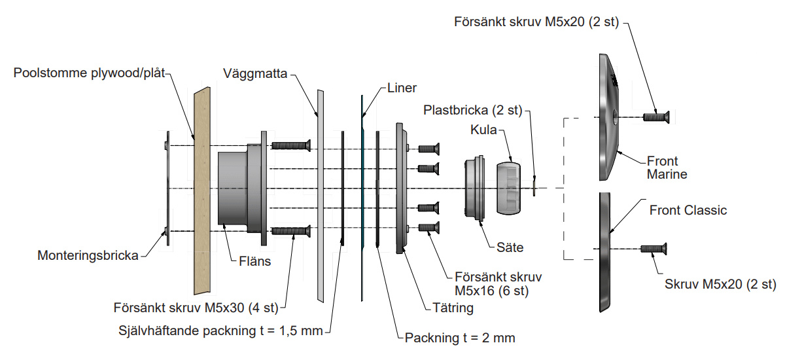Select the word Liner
tap(401, 88)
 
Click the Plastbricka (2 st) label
tap(472, 110)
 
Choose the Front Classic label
tap(688, 211)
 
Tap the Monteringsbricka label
tap(88, 256)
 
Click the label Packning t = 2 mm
tap(460, 338)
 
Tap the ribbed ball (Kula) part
tap(508, 188)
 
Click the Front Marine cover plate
tap(608, 118)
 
